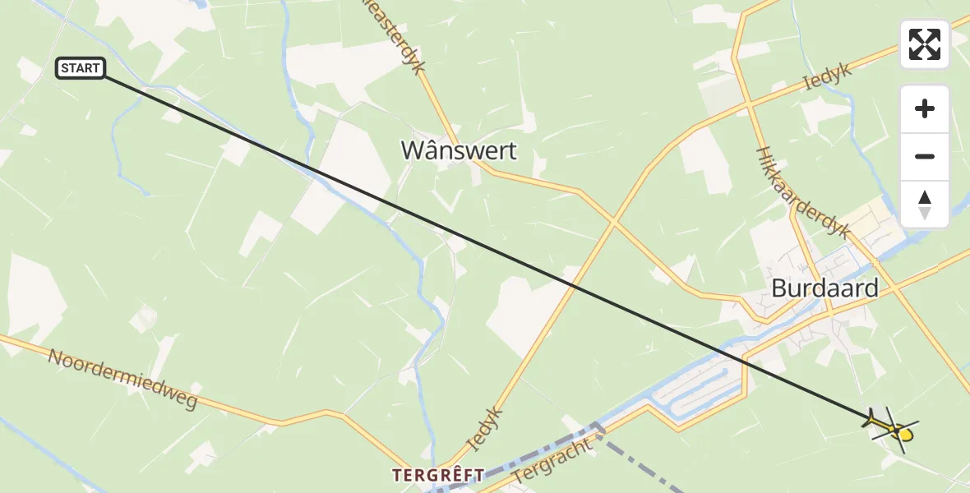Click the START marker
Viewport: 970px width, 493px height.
coord(81,68)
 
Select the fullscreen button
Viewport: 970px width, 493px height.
coord(925,44)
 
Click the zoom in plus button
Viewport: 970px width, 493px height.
coord(925,108)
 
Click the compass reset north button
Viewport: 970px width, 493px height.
coord(925,205)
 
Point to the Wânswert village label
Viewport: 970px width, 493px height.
coord(459,150)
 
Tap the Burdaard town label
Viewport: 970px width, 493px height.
coord(824,288)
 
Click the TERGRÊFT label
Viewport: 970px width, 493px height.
coord(437,475)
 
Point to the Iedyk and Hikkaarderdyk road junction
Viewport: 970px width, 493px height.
coord(749,105)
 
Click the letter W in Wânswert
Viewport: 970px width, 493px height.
coord(413,150)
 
